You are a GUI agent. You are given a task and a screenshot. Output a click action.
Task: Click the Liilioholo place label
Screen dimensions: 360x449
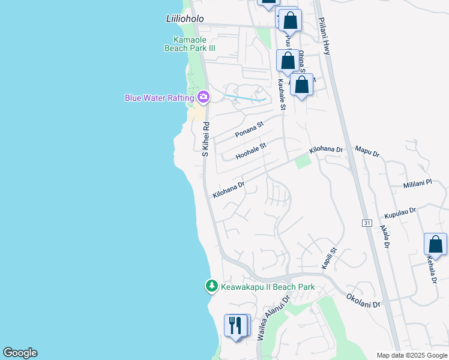(184, 19)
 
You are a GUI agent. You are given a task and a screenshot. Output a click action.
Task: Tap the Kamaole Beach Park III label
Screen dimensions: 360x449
(190, 44)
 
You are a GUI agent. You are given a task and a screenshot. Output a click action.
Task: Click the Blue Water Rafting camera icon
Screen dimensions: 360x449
(203, 97)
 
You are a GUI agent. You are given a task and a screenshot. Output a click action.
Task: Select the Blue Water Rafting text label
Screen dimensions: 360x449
(160, 98)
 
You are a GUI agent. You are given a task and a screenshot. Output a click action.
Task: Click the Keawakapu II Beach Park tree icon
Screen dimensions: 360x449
(211, 287)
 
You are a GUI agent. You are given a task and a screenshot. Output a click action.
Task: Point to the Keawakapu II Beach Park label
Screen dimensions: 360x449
(268, 287)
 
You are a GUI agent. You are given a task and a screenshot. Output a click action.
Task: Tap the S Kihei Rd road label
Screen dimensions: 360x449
(205, 140)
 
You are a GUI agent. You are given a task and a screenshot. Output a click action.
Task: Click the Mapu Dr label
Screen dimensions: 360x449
(367, 151)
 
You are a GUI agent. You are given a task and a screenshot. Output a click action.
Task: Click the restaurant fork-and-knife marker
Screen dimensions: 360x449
(236, 326)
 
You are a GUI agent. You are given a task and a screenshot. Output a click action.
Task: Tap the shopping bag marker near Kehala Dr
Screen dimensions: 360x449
(435, 244)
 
